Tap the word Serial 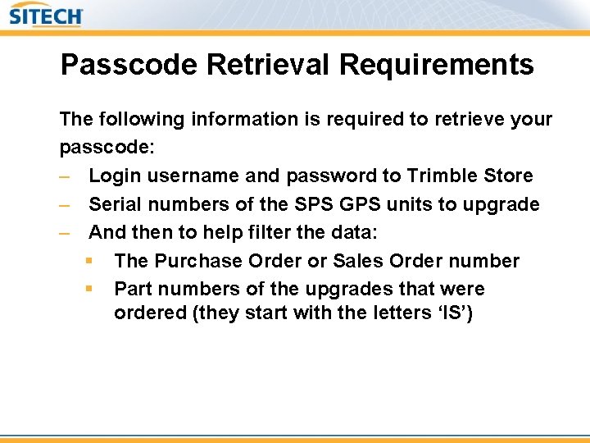[x=113, y=204]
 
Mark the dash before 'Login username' [x=66, y=176]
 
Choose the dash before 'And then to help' [x=66, y=232]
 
